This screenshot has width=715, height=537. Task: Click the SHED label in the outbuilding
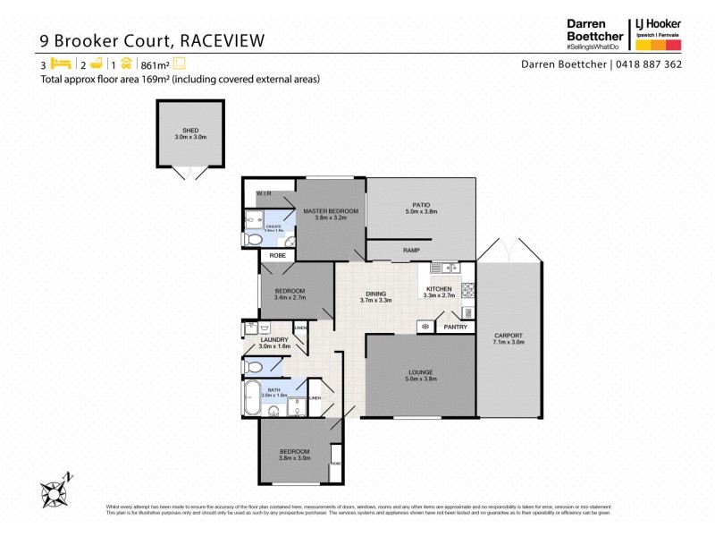pos(190,130)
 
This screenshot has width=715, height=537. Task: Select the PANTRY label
pos(455,327)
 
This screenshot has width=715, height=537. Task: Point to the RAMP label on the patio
pos(411,251)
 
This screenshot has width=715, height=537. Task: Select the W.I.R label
pos(264,193)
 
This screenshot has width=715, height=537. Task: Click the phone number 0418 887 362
pos(650,64)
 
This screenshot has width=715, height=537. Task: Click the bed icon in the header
pos(59,64)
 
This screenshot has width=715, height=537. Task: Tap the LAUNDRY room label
pos(273,340)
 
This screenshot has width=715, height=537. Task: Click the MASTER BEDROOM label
pos(330,211)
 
